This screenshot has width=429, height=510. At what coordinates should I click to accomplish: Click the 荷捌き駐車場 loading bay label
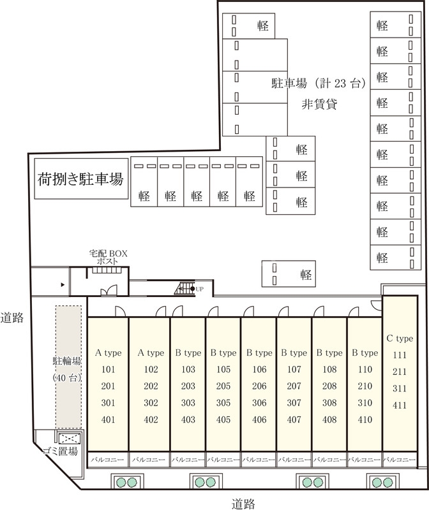pyautogui.click(x=80, y=179)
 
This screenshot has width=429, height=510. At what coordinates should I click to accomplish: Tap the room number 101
pyautogui.click(x=108, y=370)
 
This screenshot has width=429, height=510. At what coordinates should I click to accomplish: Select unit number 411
pyautogui.click(x=400, y=405)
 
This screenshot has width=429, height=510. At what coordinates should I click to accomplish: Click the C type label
pyautogui.click(x=400, y=339)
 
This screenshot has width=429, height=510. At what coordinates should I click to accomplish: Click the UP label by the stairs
pyautogui.click(x=199, y=289)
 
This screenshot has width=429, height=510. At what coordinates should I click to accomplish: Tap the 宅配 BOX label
pyautogui.click(x=108, y=253)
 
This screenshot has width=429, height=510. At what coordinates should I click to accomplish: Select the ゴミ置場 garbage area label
pyautogui.click(x=60, y=451)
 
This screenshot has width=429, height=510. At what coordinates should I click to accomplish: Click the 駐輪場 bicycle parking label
pyautogui.click(x=67, y=361)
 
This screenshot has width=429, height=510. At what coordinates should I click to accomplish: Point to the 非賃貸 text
pyautogui.click(x=319, y=105)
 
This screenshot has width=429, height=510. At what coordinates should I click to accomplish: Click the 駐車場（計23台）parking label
pyautogui.click(x=319, y=84)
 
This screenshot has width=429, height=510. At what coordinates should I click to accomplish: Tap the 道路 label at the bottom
pyautogui.click(x=243, y=504)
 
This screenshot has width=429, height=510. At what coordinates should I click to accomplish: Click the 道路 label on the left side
pyautogui.click(x=12, y=317)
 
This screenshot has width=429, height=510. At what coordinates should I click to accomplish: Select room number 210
pyautogui.click(x=365, y=386)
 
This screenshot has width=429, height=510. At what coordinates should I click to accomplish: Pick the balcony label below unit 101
pyautogui.click(x=107, y=460)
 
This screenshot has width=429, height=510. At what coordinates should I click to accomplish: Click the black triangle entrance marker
pyautogui.click(x=63, y=285)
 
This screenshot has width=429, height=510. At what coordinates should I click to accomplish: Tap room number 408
pyautogui.click(x=329, y=420)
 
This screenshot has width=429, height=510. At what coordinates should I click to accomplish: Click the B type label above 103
pyautogui.click(x=188, y=353)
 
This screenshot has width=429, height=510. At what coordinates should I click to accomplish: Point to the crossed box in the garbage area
pyautogui.click(x=69, y=438)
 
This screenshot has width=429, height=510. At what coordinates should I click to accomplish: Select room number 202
pyautogui.click(x=151, y=386)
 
